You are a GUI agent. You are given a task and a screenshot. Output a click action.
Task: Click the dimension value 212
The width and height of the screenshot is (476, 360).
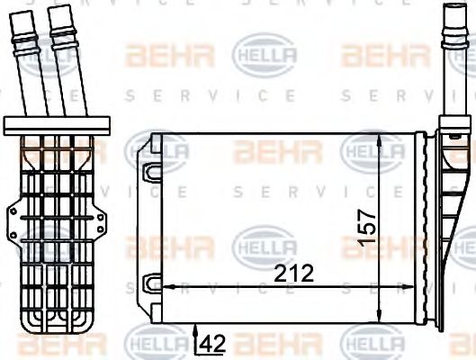pyautogui.click(x=293, y=274)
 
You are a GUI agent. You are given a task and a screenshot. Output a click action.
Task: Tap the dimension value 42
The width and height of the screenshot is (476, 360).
pyautogui.click(x=212, y=344)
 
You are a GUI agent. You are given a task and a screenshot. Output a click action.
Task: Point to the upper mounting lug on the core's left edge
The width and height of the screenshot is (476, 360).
pyautogui.click(x=154, y=173)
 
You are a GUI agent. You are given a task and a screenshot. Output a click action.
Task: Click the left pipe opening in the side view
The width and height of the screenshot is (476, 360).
pyautogui.click(x=21, y=13)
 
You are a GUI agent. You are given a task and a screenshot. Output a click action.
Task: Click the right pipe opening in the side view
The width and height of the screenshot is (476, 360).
pyautogui.click(x=59, y=8)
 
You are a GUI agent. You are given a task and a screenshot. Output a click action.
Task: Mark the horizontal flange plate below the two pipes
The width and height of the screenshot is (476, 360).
pyautogui.click(x=57, y=126)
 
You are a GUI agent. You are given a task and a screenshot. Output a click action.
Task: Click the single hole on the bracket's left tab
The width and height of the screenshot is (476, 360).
pyautogui.click(x=13, y=211)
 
